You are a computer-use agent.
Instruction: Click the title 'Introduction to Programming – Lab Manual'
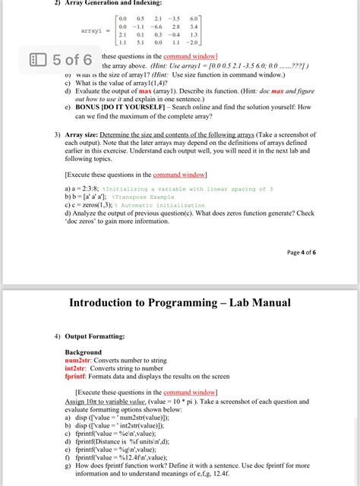pyautogui.click(x=179, y=303)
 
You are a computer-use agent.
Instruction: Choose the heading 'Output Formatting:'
pyautogui.click(x=99, y=335)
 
